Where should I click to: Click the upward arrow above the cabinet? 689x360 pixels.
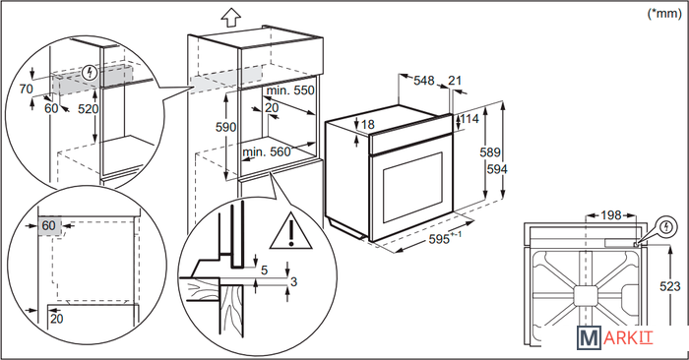230,18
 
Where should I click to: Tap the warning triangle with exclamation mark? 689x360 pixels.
291,231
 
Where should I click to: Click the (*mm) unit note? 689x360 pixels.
664,13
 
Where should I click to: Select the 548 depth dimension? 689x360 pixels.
424,81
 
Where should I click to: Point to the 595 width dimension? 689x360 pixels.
439,239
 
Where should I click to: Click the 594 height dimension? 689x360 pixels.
497,169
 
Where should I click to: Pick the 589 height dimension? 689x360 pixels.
490,151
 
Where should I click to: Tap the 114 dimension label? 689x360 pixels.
470,119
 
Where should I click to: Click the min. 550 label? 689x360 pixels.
290,90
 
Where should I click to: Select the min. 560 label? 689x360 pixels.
267,151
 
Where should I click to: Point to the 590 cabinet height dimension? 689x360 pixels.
225,127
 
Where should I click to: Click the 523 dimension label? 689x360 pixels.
670,286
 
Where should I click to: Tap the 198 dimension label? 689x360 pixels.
611,215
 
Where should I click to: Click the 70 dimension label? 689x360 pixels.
26,90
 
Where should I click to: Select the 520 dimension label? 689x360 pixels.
89,109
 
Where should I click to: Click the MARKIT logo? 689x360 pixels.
615,337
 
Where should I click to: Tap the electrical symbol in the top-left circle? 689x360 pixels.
91,73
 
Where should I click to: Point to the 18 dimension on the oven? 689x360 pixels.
368,125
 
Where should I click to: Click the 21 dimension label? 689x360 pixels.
455,81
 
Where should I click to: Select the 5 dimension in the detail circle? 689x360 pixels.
264,270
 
